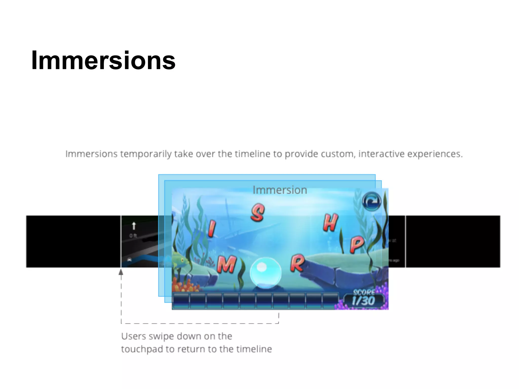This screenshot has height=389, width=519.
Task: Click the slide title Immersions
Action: point(103,61)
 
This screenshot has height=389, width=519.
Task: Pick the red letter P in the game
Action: point(357,244)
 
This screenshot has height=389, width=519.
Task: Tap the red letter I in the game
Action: point(212,228)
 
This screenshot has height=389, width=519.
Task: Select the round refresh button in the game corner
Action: point(372,202)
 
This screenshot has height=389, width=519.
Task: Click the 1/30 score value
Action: point(363,301)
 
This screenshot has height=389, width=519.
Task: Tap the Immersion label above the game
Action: point(280,190)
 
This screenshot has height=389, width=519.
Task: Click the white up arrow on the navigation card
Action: point(134,226)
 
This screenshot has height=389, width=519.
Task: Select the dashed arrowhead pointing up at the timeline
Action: point(121,272)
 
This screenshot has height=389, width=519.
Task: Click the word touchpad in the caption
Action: point(142,349)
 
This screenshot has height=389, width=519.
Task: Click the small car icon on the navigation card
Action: point(129,260)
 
